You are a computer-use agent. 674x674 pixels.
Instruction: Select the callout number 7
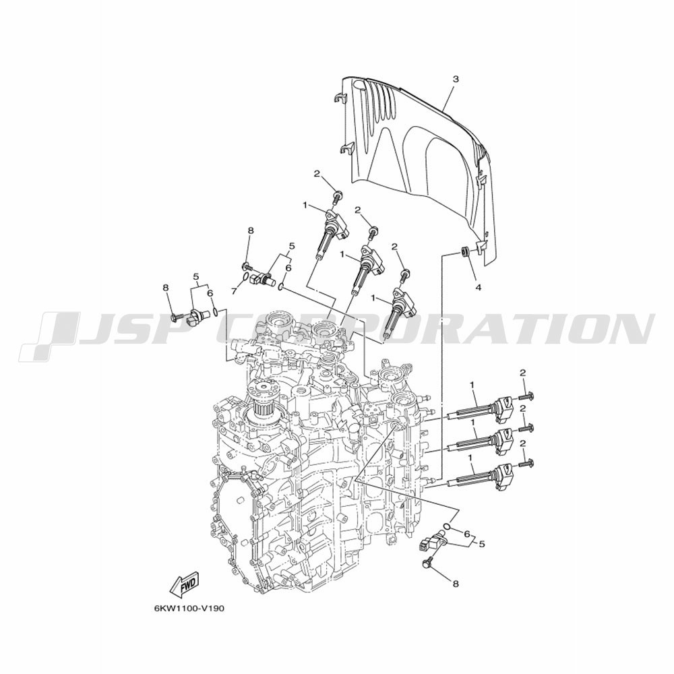(234, 291)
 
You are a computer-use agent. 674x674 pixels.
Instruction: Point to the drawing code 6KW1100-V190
(189, 609)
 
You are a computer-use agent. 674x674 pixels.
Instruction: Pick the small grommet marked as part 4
(465, 251)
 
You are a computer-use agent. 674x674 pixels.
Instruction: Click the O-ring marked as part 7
(245, 277)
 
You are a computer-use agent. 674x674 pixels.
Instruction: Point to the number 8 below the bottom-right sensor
(456, 584)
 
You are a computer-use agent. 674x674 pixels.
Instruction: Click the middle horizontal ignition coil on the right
(480, 444)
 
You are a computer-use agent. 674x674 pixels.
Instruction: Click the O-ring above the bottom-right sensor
(448, 526)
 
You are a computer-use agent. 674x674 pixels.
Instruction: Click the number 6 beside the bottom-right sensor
(466, 534)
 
